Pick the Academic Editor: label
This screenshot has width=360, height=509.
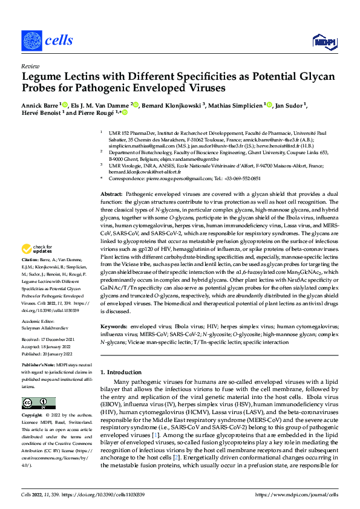(39, 322)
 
